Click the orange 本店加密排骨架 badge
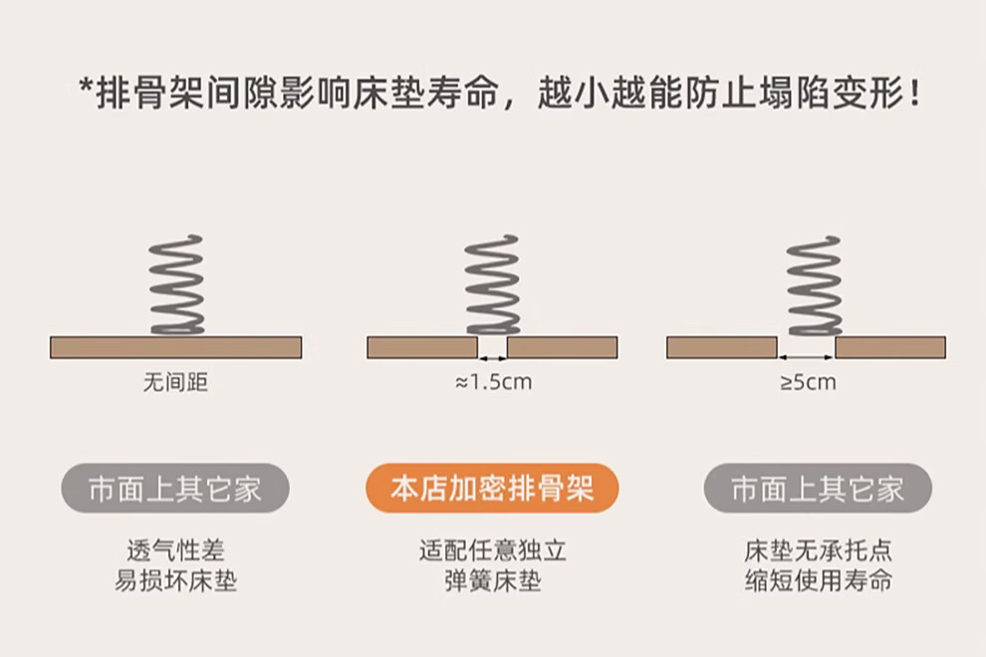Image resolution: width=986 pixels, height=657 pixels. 492,488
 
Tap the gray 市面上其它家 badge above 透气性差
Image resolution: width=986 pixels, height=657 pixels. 175,488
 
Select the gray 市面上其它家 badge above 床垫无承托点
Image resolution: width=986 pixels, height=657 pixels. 818,488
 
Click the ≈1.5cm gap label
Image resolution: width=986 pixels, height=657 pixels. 494,381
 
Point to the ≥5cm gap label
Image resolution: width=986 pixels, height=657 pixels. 808,381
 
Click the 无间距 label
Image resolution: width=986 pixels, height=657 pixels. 175,381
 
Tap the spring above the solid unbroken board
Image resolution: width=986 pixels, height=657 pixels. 176,285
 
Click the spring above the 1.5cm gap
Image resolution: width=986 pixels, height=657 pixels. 492,285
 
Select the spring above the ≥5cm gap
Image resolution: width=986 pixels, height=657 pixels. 815,286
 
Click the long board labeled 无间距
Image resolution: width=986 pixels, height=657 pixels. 176,347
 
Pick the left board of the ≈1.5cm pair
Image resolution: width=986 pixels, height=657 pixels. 422,347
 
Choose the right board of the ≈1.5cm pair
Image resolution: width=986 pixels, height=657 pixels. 562,347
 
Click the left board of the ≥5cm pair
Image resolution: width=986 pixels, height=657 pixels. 722,347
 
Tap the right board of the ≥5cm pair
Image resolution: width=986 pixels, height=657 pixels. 890,347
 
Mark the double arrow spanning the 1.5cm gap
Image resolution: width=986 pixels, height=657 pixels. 492,358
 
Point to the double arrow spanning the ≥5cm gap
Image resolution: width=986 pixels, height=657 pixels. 806,357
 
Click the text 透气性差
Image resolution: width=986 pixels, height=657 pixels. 175,550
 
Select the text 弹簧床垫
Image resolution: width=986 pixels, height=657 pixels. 492,580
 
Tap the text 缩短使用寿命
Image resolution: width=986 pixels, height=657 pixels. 818,580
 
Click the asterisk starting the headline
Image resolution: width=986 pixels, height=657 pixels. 86,87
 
